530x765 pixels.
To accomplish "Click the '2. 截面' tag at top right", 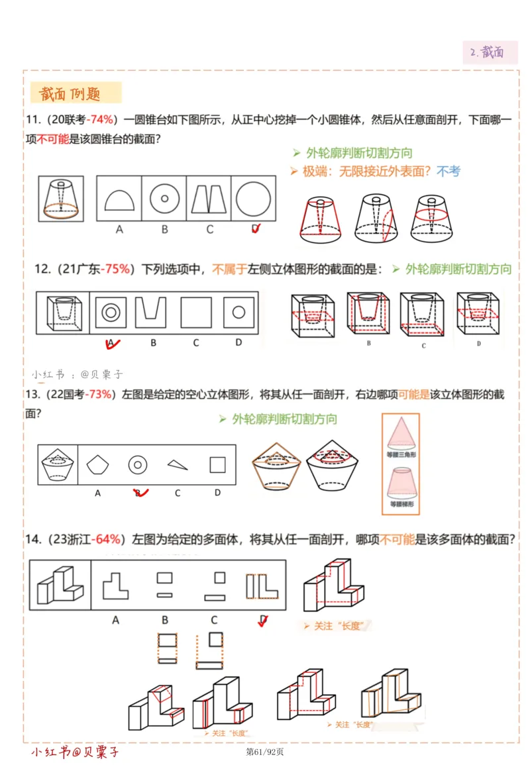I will coord(490,52).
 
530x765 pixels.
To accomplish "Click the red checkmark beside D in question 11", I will coord(256,229).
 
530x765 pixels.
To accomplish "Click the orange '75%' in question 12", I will coord(117,269).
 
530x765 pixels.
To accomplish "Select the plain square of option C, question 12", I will coord(196,311).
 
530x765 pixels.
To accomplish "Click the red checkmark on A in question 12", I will coord(111,343).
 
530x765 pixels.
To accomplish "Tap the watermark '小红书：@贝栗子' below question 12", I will coord(78,374).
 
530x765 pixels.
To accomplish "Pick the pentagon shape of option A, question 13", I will coord(97,465).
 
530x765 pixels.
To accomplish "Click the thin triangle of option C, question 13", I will coord(177,465).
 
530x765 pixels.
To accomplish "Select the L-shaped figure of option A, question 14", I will coord(115,586).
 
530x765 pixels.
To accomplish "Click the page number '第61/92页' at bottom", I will coord(265,752).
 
